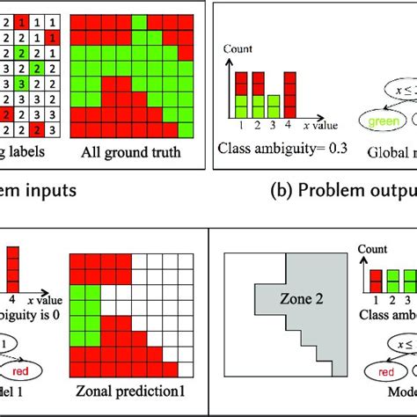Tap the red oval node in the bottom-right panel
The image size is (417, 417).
[381, 372]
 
